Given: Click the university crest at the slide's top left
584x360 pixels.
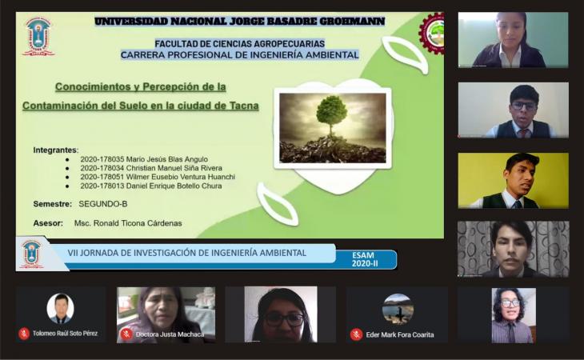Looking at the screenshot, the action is (38, 37).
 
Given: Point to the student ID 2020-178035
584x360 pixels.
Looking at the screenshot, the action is (102, 159).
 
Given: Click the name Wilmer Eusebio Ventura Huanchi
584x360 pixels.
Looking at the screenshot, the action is (181, 177).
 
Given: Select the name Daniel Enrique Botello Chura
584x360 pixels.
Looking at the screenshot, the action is (174, 186).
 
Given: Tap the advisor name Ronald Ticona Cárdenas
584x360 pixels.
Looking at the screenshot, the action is (138, 223).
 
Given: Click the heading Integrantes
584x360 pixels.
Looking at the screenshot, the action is (55, 150).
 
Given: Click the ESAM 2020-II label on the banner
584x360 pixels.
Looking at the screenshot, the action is (365, 259).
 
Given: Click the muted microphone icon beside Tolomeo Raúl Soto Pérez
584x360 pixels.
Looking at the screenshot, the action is (24, 334).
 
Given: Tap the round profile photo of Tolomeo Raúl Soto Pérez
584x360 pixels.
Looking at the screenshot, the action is (60, 308).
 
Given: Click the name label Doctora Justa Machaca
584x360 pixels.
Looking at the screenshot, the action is (170, 334).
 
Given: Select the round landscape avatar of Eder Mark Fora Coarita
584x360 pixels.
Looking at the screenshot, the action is (398, 309).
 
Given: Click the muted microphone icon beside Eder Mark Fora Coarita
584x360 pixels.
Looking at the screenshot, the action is (356, 334).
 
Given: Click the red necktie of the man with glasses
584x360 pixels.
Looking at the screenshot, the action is (524, 134).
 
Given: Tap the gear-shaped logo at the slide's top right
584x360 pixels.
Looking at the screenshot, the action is (432, 33).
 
